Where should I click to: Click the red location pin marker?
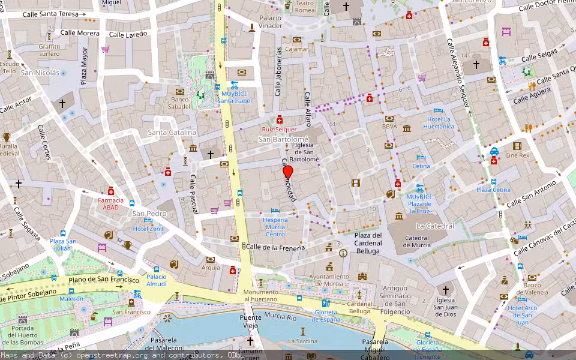288,172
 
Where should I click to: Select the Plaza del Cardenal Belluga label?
368,242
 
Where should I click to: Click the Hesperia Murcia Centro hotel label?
275,227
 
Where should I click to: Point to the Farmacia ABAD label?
111,203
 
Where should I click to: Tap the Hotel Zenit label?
148,229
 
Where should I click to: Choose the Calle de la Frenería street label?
275,247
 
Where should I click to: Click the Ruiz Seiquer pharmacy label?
279,129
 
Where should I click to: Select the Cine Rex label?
517,155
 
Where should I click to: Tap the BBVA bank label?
389,127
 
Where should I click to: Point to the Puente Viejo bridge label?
251,322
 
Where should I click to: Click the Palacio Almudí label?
157,280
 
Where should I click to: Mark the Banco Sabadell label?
180,103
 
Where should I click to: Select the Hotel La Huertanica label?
439,123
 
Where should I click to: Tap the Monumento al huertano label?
260,295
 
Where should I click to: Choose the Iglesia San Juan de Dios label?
445,307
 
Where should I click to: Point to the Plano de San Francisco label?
104,280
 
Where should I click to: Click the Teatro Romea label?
305,7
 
